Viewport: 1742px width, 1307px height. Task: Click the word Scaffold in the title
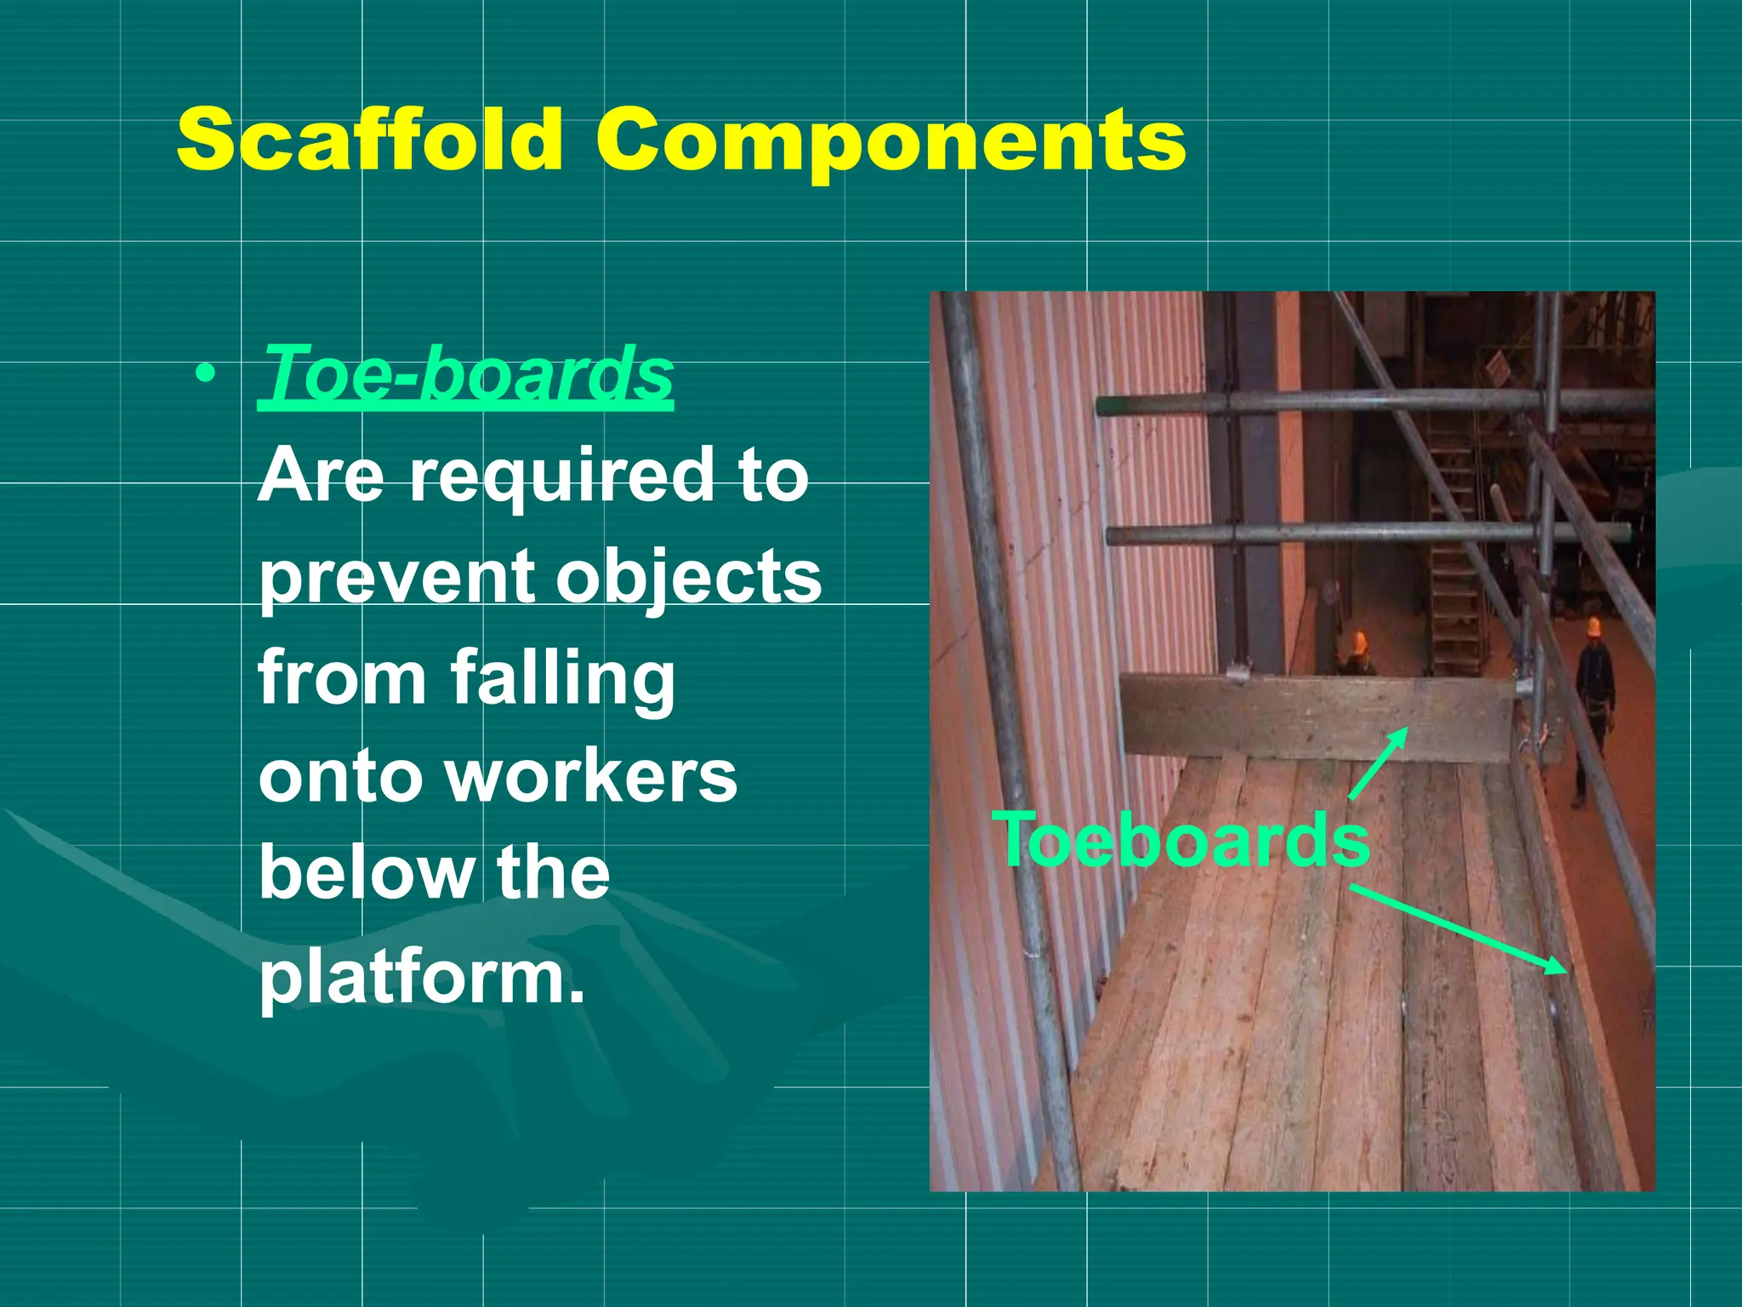click(x=368, y=139)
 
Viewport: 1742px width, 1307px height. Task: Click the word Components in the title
click(x=890, y=139)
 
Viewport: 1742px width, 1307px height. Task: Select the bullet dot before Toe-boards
click(x=204, y=374)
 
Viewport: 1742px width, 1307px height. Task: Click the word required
click(x=561, y=477)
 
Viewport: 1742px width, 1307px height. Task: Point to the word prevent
click(x=396, y=579)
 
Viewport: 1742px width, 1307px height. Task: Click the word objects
click(x=689, y=579)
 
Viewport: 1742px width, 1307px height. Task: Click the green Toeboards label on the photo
click(x=1184, y=841)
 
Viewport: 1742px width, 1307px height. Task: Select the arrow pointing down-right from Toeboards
click(x=1459, y=929)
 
